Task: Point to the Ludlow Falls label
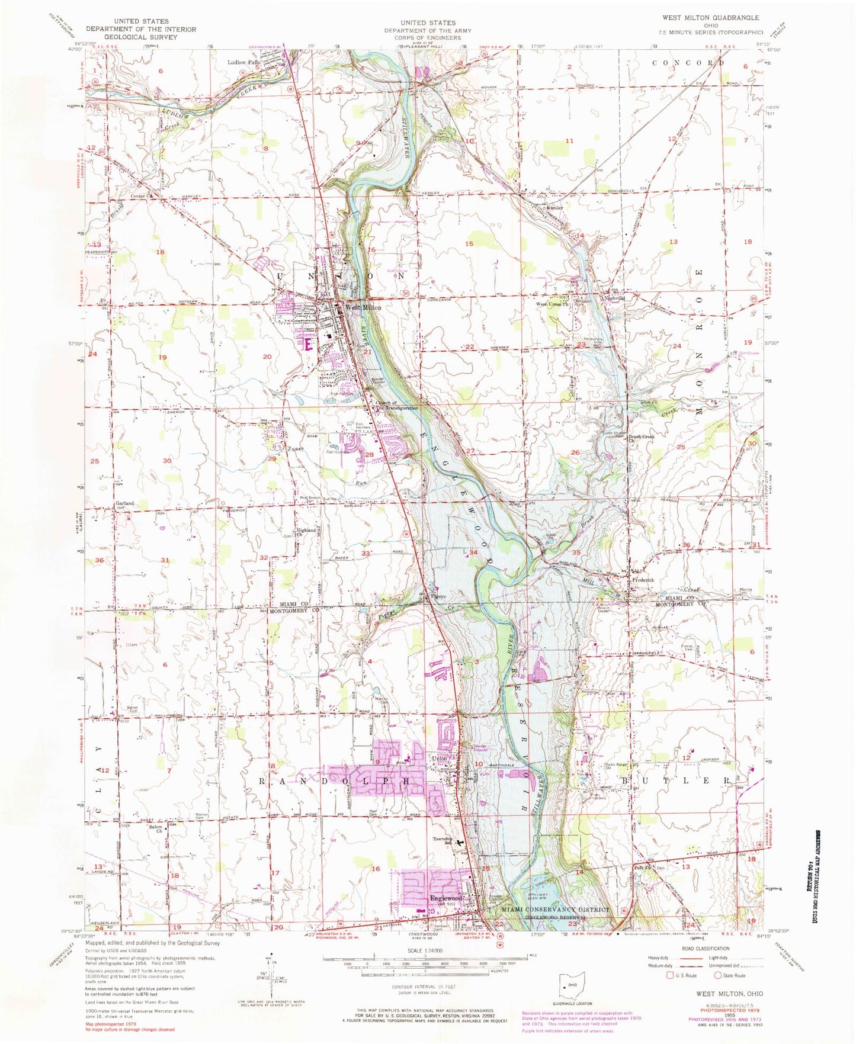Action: coord(244,62)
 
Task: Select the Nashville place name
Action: coord(614,298)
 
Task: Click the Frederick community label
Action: coord(643,580)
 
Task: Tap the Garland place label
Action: coord(124,503)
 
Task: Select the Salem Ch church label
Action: coord(156,828)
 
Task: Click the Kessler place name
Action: coord(554,208)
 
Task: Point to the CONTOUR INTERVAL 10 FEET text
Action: coord(424,987)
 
